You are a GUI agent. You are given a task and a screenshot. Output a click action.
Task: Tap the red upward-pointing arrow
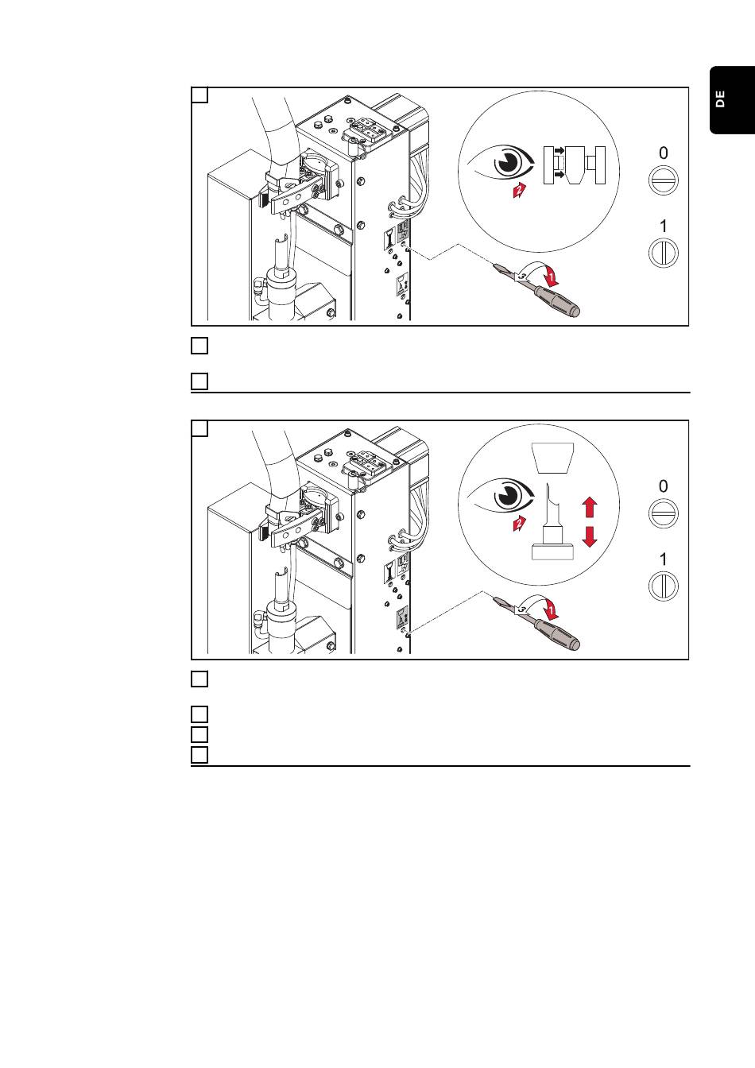pos(590,507)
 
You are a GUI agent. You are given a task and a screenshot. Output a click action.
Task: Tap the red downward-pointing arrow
pos(590,537)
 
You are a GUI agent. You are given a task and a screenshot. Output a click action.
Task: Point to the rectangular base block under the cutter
pos(552,552)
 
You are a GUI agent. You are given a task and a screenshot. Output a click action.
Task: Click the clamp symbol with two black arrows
pos(575,165)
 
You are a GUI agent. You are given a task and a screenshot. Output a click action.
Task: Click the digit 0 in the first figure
pos(663,153)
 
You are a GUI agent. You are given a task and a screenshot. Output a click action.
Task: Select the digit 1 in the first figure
pos(663,226)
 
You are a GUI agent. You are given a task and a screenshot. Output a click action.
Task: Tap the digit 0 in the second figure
pos(663,486)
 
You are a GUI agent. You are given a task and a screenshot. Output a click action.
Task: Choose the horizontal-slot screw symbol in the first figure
pos(664,180)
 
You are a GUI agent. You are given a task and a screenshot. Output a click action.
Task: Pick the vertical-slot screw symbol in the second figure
pos(664,586)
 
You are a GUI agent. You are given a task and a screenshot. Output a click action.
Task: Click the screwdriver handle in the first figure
pos(557,301)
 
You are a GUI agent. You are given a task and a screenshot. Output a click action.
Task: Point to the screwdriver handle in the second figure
pos(557,635)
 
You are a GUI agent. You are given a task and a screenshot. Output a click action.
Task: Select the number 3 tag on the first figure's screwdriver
pos(522,276)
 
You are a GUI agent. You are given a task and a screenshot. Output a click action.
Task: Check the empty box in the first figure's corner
pos(199,95)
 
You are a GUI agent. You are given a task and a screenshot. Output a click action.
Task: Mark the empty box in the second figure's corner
pos(199,428)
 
